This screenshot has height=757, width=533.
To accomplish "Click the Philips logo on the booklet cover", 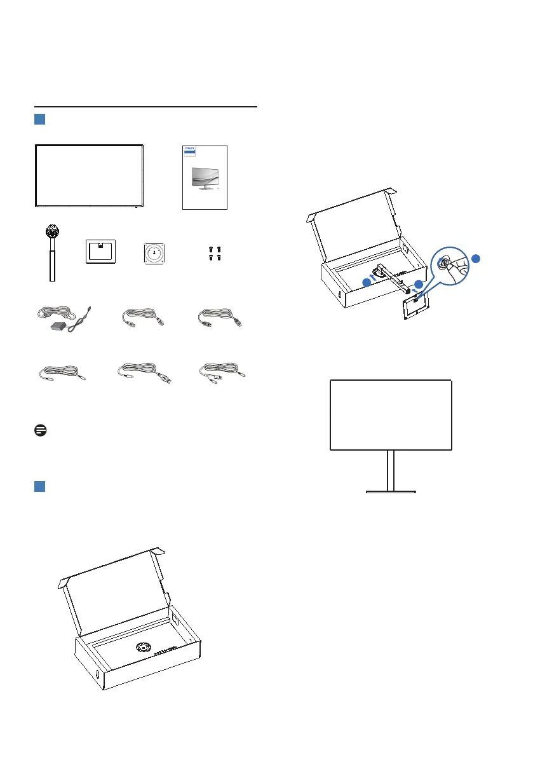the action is coord(189,152).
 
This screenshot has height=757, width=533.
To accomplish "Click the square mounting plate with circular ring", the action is coord(154,251).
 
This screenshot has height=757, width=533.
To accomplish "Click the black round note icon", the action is coord(37,430).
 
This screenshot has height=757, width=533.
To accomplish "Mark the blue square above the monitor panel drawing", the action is coord(39,119).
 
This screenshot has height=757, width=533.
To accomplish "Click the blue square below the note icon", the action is coord(39,486).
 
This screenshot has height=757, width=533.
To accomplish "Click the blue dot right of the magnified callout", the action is coord(477,259).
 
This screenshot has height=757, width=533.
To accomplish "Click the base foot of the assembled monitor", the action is coord(391,491).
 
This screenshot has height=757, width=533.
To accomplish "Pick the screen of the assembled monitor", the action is coord(391,414).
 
